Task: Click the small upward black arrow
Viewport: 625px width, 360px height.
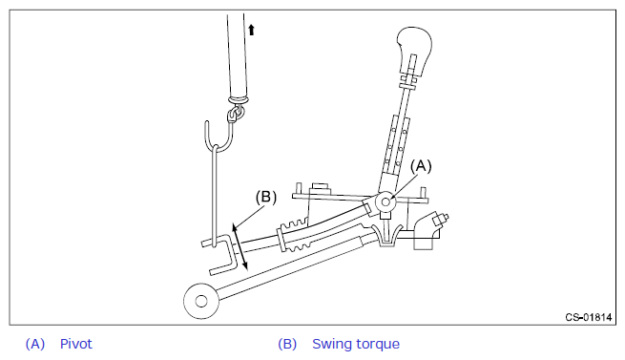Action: pyautogui.click(x=251, y=30)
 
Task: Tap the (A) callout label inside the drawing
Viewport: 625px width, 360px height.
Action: pyautogui.click(x=421, y=166)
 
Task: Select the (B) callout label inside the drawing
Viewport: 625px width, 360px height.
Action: pyautogui.click(x=266, y=197)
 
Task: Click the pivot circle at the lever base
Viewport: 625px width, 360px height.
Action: pyautogui.click(x=385, y=201)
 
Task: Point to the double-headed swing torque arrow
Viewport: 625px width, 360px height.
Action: pyautogui.click(x=240, y=247)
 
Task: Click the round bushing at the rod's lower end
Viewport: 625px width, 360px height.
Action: pyautogui.click(x=201, y=302)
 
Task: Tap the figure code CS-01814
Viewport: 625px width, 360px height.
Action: pyautogui.click(x=589, y=317)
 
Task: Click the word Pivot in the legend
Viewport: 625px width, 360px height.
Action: pyautogui.click(x=75, y=344)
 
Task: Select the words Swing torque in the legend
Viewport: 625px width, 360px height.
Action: pyautogui.click(x=356, y=344)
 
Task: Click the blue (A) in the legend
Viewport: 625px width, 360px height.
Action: pyautogui.click(x=35, y=344)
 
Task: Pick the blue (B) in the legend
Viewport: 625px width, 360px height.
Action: pyautogui.click(x=287, y=344)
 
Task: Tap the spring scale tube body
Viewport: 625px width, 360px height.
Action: pyautogui.click(x=238, y=56)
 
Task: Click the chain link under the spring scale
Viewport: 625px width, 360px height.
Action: pyautogui.click(x=235, y=114)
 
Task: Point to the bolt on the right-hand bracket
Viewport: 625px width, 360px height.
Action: pyautogui.click(x=440, y=221)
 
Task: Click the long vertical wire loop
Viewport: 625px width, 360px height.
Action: pyautogui.click(x=216, y=196)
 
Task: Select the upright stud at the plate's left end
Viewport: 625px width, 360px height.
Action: pyautogui.click(x=298, y=190)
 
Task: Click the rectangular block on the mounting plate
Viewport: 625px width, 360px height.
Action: pyautogui.click(x=321, y=188)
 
